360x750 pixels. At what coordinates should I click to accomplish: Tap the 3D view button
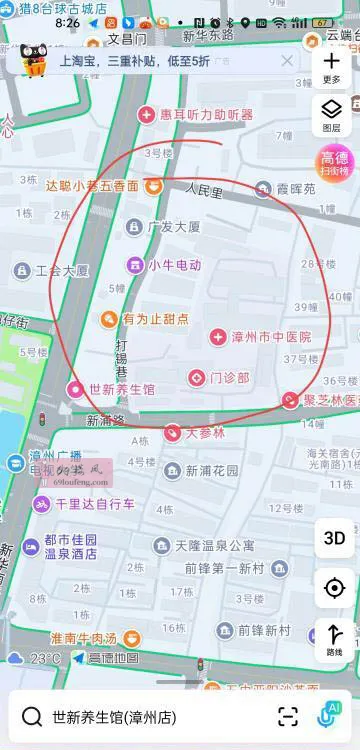pos(334,537)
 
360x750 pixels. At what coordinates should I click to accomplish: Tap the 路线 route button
pos(334,638)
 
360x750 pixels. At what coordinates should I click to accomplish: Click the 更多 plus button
pos(332,65)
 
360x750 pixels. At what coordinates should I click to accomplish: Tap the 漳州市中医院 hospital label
pos(271,338)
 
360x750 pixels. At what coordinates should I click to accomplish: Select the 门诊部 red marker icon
pos(197,377)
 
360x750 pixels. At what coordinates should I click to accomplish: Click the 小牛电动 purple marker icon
pos(134,265)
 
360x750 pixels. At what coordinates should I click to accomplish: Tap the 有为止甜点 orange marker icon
pos(109,319)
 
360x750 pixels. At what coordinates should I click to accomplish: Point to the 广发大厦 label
pos(174,227)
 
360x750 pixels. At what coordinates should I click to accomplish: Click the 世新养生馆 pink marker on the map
pos(74,389)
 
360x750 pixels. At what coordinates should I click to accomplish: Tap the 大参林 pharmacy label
pos(205,433)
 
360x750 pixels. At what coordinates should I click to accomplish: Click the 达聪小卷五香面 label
pos(92,185)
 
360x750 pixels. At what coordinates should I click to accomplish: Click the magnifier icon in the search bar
pos(32,716)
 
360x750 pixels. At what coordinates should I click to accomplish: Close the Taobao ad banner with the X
pos(287,60)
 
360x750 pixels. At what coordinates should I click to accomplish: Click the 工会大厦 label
pos(62,270)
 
